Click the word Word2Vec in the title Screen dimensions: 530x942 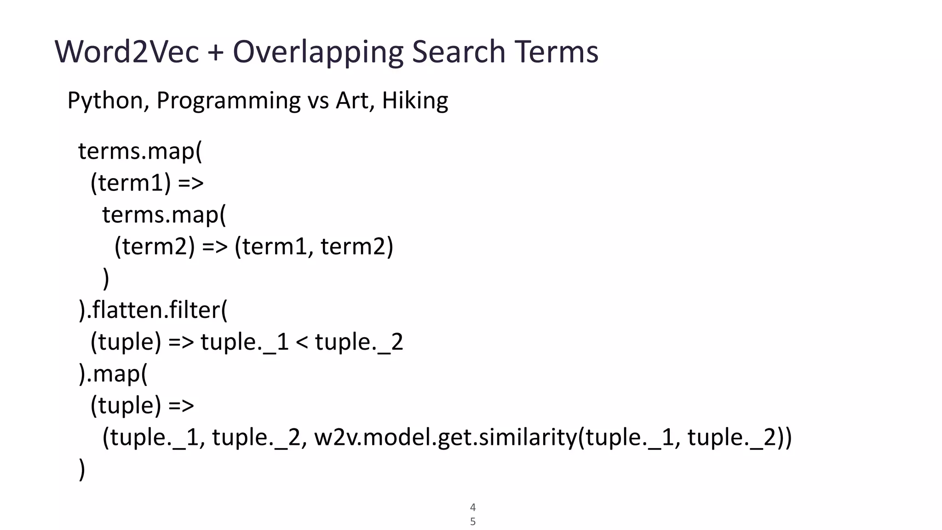click(127, 52)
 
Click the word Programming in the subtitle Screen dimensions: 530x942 click(228, 101)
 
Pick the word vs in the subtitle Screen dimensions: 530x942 click(318, 101)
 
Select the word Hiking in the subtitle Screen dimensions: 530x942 click(415, 101)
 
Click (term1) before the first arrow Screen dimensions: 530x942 click(131, 183)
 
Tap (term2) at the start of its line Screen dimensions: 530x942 click(155, 247)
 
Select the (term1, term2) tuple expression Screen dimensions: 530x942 click(314, 247)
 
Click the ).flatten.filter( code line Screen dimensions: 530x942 click(153, 310)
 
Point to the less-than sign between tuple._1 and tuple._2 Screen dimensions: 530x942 click(301, 342)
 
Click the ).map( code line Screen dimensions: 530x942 click(113, 374)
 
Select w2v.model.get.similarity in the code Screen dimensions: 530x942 click(445, 437)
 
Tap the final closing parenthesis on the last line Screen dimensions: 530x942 click(82, 469)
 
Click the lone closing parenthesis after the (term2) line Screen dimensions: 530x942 click(106, 278)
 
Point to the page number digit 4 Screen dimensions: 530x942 click(473, 507)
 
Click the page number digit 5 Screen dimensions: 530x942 click(473, 522)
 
